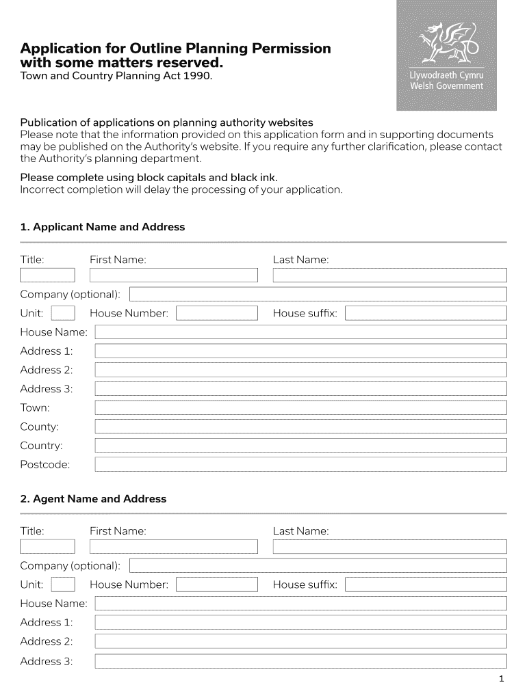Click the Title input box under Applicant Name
coord(47,275)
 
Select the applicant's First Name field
coord(174,275)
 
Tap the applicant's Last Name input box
coord(389,275)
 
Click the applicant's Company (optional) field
coord(318,295)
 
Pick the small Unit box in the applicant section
coord(63,314)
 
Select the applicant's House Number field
coord(216,314)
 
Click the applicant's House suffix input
coord(426,314)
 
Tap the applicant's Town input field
coord(300,408)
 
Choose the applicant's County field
coord(300,427)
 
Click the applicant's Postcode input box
coord(300,465)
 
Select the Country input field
coord(300,446)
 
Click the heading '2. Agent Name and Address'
coord(93,499)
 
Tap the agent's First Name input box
coord(174,547)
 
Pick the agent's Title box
coord(47,547)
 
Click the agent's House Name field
coord(300,604)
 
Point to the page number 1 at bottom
coord(502,679)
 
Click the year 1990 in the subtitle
coord(197,77)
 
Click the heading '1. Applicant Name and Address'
coord(103,227)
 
